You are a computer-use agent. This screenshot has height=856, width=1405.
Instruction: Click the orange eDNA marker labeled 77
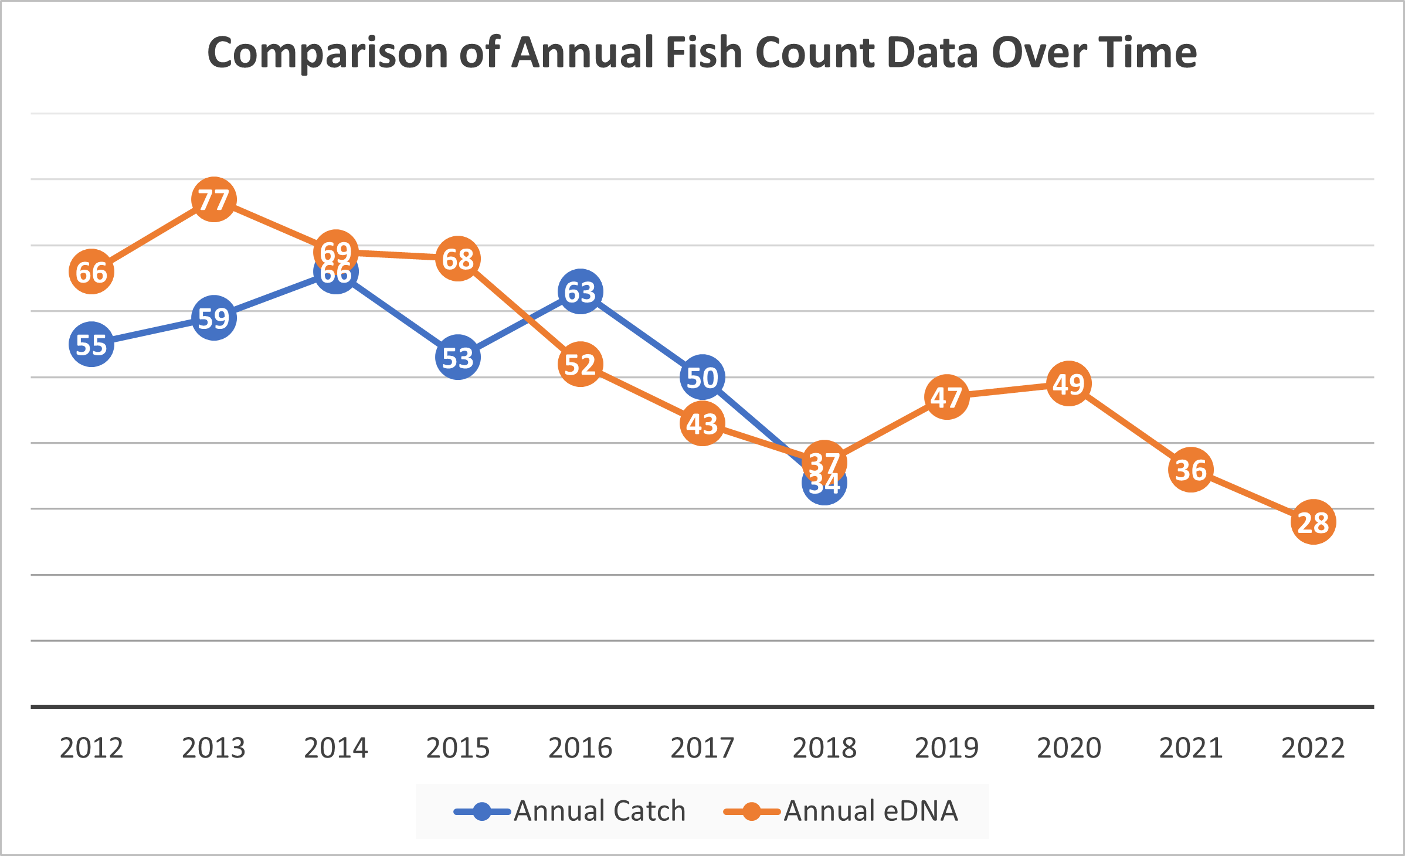pos(213,199)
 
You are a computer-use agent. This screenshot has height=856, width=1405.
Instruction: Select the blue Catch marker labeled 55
pos(91,344)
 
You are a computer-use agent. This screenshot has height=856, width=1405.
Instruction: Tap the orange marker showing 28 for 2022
pos(1313,522)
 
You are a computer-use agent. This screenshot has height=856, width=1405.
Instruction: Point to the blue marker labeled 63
pos(580,291)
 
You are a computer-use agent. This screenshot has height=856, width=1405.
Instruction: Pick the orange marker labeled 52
pos(580,364)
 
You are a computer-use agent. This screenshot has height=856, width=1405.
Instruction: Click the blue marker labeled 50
pos(702,377)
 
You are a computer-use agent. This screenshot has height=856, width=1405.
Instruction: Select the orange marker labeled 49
pos(1068,384)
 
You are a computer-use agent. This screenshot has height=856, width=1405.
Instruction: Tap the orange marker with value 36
pos(1190,469)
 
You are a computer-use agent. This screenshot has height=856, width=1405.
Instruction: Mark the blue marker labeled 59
pos(213,318)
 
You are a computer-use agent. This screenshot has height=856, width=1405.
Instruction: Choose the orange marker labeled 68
pos(458,259)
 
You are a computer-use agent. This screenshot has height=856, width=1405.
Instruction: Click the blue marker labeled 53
pos(458,357)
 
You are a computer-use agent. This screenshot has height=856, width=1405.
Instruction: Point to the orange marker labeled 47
pos(946,397)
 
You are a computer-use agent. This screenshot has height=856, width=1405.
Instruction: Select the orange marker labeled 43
pos(702,423)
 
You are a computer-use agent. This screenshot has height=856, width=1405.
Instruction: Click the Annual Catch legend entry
pos(598,811)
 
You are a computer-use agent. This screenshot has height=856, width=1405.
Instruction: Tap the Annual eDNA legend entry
pos(870,811)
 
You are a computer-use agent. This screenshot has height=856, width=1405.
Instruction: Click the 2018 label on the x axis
pos(824,748)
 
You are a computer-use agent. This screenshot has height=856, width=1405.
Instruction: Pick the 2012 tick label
pos(91,748)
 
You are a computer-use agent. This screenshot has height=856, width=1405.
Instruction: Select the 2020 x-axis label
pos(1068,748)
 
